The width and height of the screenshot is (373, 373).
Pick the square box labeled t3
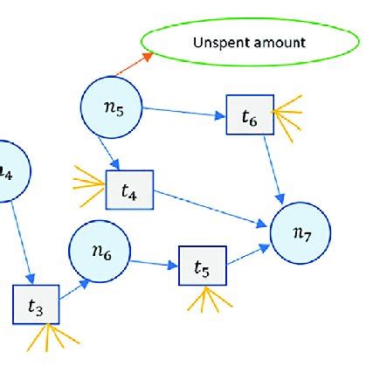pos(35,305)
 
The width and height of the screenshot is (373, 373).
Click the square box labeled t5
pos(202,266)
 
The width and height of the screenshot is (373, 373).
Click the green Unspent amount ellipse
pos(250,41)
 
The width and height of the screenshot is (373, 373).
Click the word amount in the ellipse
pos(280,41)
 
